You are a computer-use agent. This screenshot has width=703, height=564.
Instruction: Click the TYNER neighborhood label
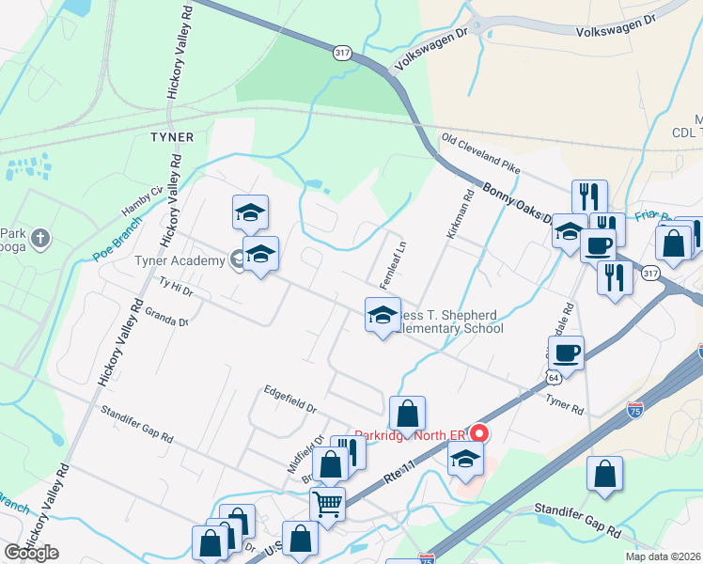171,137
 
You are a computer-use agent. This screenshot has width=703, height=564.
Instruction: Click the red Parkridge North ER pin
479,433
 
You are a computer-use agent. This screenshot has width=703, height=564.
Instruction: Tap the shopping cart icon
327,504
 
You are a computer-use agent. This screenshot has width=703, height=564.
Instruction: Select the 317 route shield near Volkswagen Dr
341,54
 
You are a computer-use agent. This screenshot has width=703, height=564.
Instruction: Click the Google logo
31,553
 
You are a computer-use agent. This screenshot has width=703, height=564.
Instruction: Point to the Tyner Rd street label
565,405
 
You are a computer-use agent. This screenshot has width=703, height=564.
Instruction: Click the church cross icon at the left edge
39,239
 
